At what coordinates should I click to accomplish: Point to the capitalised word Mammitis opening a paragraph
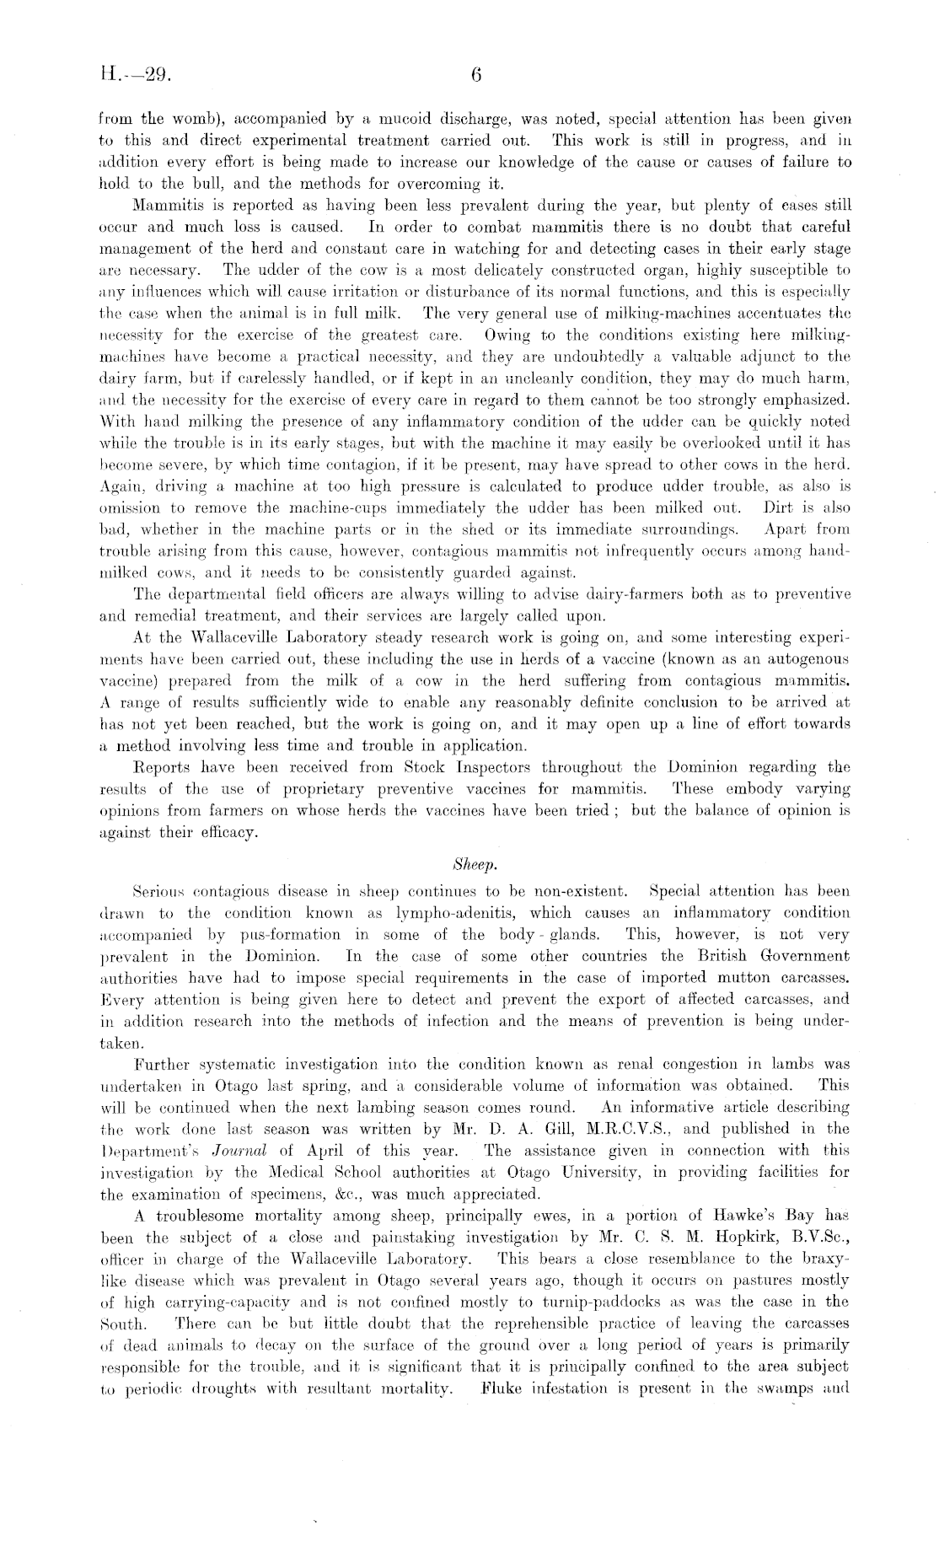coord(165,206)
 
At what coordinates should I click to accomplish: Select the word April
coord(323,1151)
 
